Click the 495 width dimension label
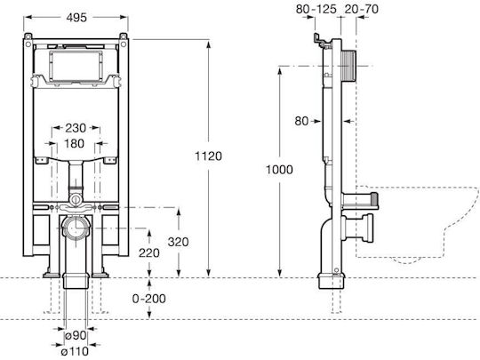(76, 18)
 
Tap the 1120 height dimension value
(209, 156)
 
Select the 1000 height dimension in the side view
(279, 169)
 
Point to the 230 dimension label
(76, 128)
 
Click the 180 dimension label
(74, 143)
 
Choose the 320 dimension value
(178, 242)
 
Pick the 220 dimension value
(149, 252)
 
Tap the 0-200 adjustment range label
(149, 299)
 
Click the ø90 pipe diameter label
(76, 335)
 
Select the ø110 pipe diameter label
(75, 351)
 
